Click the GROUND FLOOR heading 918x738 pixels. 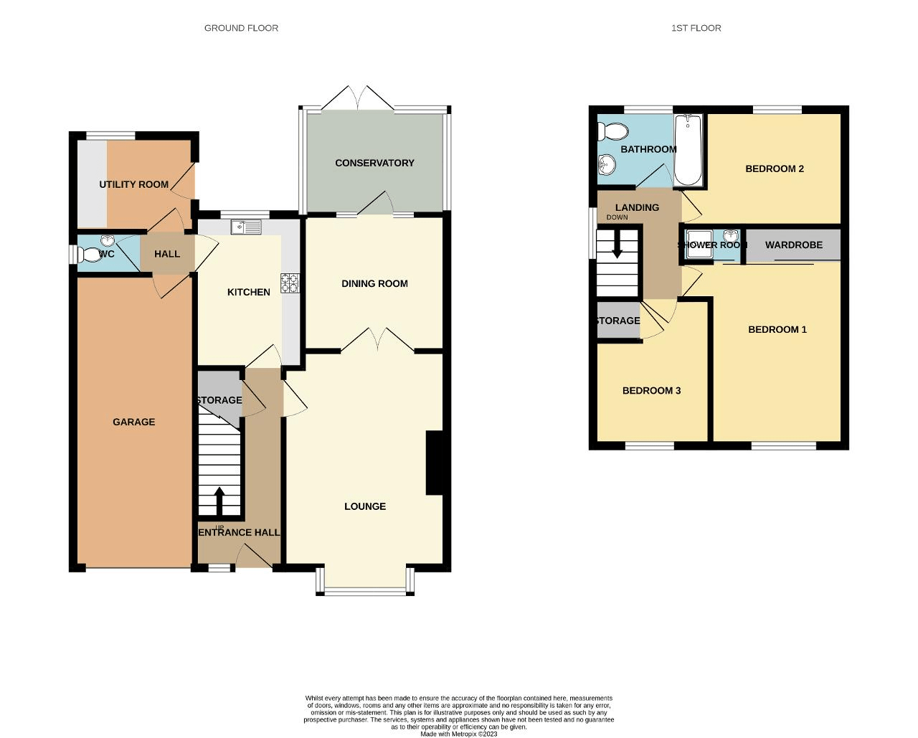point(241,28)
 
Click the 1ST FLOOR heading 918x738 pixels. point(696,28)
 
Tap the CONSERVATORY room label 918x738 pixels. point(374,163)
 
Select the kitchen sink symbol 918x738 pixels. point(246,227)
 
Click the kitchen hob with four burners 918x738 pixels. point(290,283)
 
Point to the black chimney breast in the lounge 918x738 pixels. point(435,463)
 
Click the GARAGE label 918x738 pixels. point(133,422)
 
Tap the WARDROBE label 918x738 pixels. point(793,245)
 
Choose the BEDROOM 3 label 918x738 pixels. point(651,391)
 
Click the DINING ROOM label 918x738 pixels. point(374,283)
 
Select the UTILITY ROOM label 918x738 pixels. point(133,184)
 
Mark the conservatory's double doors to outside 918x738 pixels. point(356,99)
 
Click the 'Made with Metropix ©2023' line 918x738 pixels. point(458,734)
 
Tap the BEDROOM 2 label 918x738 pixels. point(775,169)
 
